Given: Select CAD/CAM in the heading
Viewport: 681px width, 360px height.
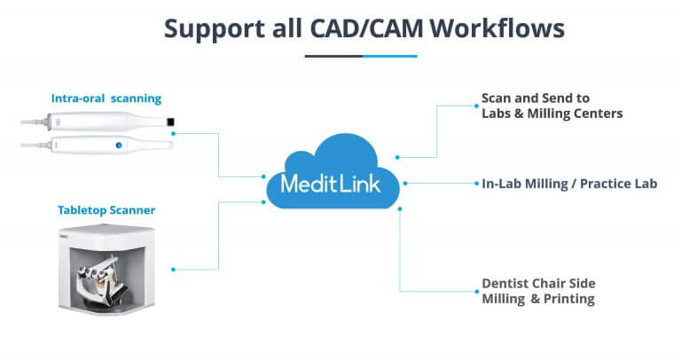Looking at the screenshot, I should point(363,29).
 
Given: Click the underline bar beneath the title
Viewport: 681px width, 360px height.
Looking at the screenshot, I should point(360,56).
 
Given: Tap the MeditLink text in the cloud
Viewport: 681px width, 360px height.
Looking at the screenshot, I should point(331,184).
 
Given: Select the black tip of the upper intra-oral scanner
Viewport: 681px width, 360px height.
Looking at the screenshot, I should point(171,121).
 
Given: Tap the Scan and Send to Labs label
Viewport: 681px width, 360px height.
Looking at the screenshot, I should point(552,106).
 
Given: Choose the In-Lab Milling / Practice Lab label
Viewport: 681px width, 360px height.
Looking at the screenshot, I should point(568,184).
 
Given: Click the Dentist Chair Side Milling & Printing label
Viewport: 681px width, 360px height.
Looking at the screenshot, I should point(538,291).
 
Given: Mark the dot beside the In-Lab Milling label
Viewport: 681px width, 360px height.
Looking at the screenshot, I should point(474,184).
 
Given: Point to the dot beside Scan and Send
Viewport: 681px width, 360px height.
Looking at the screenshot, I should point(474,105).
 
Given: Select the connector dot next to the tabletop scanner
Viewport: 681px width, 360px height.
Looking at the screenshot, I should point(175,268).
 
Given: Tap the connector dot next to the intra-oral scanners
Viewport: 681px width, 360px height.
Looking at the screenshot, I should point(175,133).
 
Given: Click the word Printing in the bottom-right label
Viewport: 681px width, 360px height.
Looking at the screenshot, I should point(569,299).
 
